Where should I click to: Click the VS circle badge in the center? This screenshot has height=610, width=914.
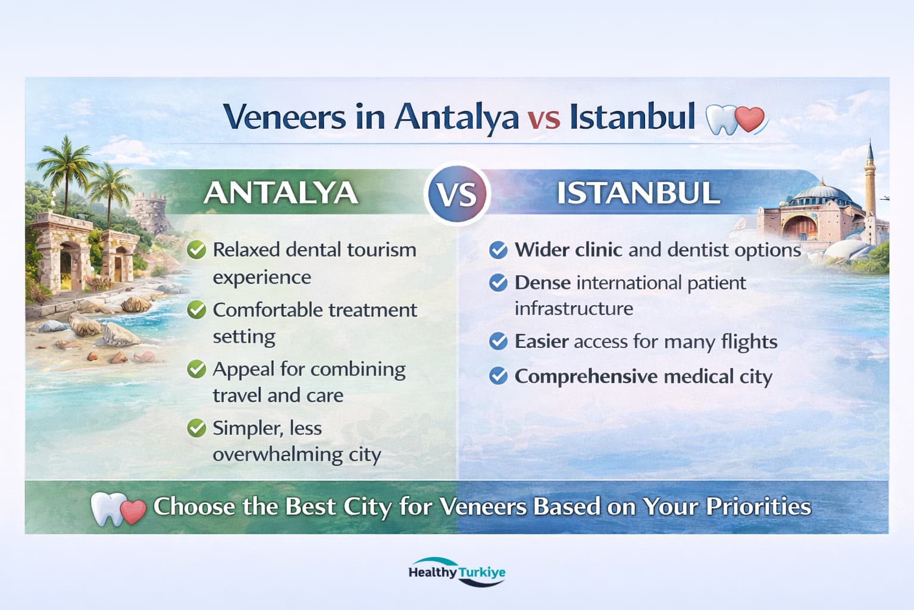coord(457,194)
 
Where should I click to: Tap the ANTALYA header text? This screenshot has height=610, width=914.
coord(280,193)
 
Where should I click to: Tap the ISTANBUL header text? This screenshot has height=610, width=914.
coord(637,193)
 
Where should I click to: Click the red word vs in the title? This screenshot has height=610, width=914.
coord(543,117)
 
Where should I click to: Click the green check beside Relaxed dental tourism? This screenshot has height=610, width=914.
coord(196,250)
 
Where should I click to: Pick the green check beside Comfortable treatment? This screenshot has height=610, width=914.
coord(196,310)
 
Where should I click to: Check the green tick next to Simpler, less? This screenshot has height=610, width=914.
coord(196,428)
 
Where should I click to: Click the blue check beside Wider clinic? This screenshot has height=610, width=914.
coord(498,250)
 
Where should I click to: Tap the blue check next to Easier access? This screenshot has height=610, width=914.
coord(498,341)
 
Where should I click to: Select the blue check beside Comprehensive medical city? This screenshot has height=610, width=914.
coord(498,376)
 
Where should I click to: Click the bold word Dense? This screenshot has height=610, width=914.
coord(542,282)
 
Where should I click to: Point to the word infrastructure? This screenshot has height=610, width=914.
coord(574,309)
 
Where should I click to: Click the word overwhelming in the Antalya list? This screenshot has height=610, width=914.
coord(278,455)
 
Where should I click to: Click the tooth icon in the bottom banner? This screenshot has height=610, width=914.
coord(108,508)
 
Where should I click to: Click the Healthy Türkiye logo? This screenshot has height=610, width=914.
coord(457,572)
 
